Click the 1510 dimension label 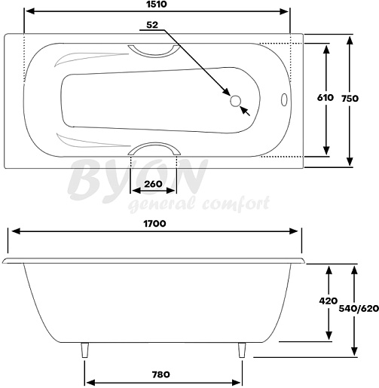(x=156, y=5)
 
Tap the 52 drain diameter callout (x=152, y=25)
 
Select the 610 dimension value (x=326, y=97)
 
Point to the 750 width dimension (x=350, y=99)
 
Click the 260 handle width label (x=153, y=184)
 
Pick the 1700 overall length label (x=154, y=224)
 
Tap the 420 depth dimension (x=329, y=301)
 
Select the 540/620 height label (x=359, y=308)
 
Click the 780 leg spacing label (x=160, y=374)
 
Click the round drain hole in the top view (x=236, y=101)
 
